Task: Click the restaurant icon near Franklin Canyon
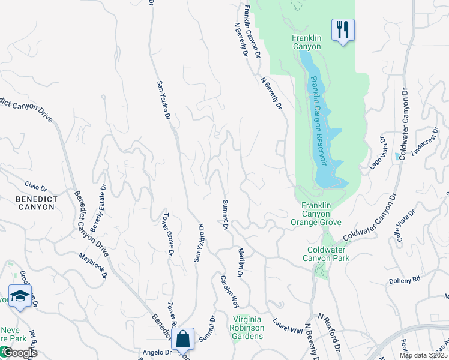pos(343,29)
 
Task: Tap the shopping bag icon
pos(183,339)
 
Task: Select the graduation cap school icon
pos(20,296)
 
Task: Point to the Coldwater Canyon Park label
pos(328,254)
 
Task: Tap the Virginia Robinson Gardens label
pos(247,328)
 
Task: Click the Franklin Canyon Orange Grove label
pos(316,214)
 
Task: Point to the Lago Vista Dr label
pos(377,154)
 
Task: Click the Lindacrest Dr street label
pos(423,145)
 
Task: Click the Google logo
pos(19,353)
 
